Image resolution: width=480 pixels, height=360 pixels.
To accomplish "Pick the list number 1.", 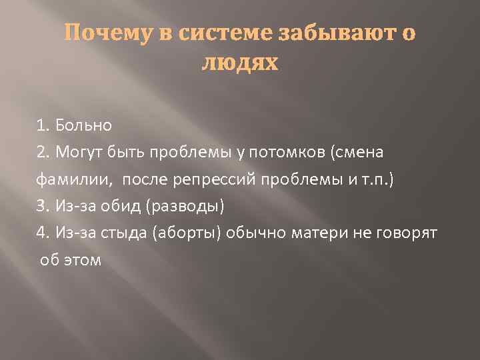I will (43, 125).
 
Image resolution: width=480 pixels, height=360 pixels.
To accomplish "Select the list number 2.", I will (43, 152).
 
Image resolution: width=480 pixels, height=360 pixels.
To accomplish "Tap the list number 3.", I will (43, 205).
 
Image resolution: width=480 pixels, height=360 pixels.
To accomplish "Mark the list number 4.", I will (43, 233).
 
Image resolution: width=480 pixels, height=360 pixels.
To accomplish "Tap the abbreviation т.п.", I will (380, 179).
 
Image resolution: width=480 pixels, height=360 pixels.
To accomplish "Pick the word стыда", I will (131, 233).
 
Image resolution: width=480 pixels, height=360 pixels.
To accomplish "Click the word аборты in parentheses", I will (188, 233).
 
